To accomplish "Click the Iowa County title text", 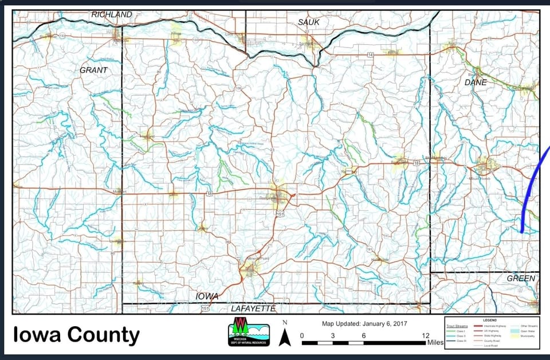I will point(76,334).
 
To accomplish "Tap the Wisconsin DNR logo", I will point(249,332).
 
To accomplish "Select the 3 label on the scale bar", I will point(333,336).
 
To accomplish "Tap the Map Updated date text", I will point(364,324).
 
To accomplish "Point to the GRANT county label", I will point(93,70).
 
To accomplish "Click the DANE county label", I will point(476,83).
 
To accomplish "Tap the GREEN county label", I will point(520,279).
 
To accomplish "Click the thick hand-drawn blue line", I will point(530,189).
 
